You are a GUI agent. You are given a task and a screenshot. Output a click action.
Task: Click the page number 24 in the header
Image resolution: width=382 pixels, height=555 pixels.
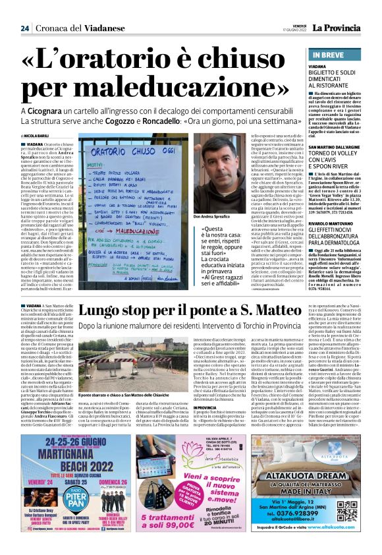click(x=24, y=28)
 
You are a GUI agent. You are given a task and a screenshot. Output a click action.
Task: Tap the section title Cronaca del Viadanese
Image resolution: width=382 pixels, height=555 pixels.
click(x=68, y=28)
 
